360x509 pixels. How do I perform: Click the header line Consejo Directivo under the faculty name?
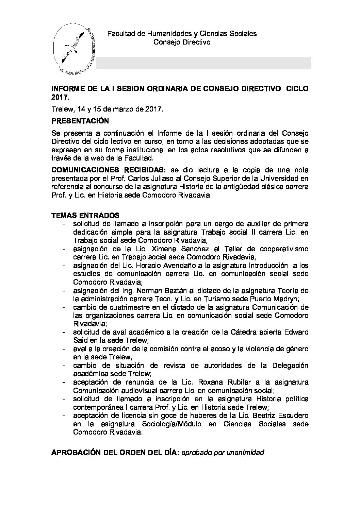tap(182, 42)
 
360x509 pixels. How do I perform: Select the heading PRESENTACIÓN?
tap(80, 121)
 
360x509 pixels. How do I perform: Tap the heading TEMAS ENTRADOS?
tap(85, 215)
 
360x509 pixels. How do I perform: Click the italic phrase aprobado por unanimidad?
tap(223, 453)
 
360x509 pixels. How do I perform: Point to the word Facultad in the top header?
tap(121, 34)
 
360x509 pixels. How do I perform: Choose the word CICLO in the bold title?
tap(297, 89)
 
